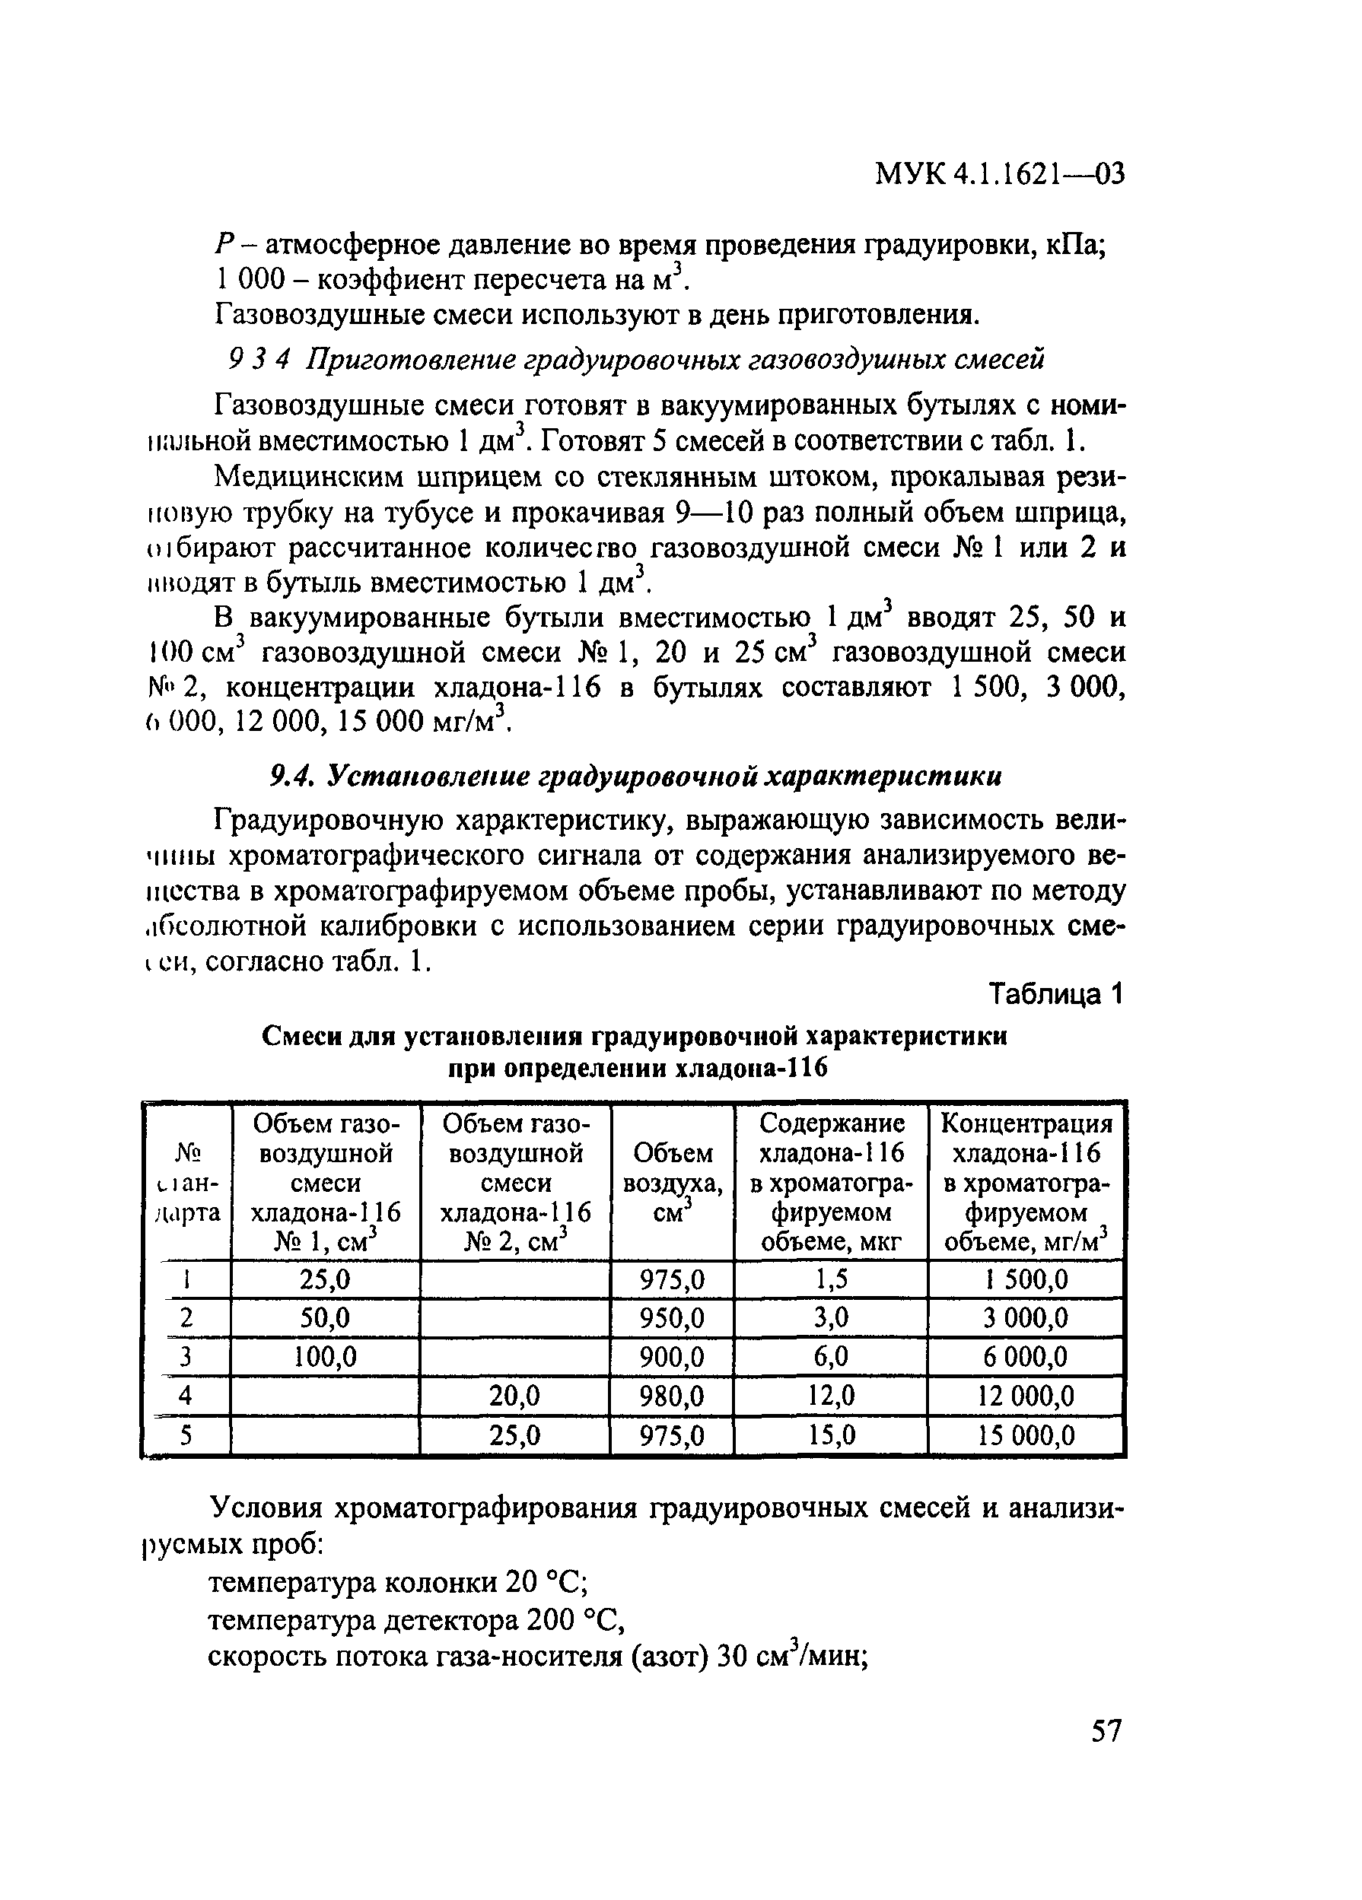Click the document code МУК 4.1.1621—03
(998, 174)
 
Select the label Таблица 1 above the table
(1055, 994)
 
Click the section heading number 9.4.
(291, 777)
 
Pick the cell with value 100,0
(325, 1357)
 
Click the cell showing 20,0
(514, 1396)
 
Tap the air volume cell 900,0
(671, 1357)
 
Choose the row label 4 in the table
(186, 1396)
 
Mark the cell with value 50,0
(325, 1318)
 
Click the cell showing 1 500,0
(1025, 1279)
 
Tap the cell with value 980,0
(671, 1396)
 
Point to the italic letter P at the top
(222, 245)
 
